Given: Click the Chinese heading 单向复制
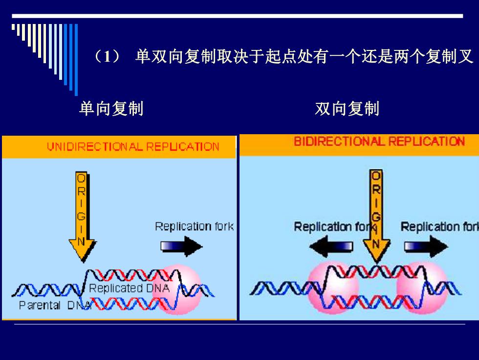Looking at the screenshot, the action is (x=111, y=109).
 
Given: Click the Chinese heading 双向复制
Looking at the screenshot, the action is (x=347, y=109).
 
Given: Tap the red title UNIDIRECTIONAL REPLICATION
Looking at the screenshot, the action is (x=133, y=147).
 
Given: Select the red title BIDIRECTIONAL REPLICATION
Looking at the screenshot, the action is (x=379, y=142).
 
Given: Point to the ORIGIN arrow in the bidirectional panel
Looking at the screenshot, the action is (x=376, y=215).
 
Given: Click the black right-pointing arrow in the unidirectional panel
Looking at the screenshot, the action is (x=181, y=246).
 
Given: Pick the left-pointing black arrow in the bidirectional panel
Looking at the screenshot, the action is (x=331, y=246).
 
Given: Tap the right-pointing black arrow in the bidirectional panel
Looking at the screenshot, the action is (x=426, y=246).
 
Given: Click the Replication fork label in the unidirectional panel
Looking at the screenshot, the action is (x=195, y=226).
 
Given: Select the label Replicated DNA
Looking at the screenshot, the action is (x=129, y=288).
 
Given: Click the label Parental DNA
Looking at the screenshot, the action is (x=55, y=305).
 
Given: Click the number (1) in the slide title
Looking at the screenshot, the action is (x=107, y=57).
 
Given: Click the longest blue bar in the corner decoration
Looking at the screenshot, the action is (x=76, y=60).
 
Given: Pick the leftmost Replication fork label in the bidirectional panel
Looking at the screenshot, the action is (x=332, y=227).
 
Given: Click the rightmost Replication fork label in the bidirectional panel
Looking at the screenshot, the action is (x=439, y=227).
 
